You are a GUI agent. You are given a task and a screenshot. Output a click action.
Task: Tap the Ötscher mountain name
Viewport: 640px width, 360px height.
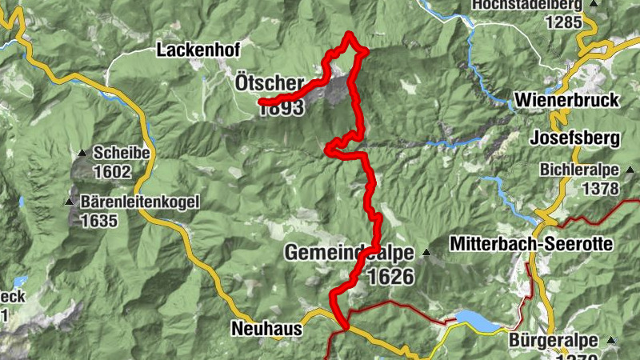(270, 83)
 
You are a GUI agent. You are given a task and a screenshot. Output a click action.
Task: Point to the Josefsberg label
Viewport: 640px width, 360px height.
(575, 138)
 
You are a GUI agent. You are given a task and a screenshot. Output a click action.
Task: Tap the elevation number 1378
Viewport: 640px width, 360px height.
(602, 189)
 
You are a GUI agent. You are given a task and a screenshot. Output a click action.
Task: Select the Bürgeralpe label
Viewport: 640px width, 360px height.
(554, 340)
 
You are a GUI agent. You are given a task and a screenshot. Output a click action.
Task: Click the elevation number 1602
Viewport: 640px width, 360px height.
(111, 171)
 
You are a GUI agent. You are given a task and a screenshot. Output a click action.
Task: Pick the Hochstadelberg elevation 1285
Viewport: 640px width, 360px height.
(563, 22)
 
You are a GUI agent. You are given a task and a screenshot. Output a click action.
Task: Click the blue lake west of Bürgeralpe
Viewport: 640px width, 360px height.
(476, 321)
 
